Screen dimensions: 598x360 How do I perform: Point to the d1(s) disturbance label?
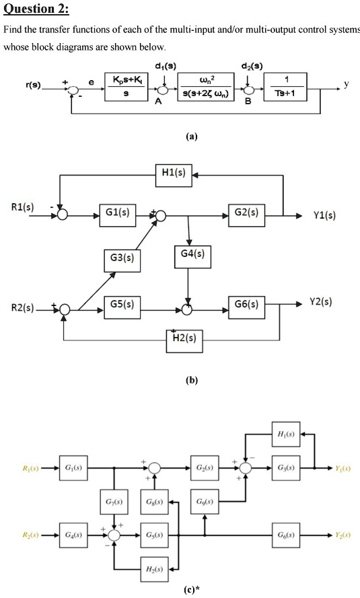165,66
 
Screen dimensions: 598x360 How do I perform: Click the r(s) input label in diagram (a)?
32,85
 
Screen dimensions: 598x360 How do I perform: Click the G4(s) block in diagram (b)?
190,254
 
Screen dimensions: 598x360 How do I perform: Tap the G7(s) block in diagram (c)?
114,502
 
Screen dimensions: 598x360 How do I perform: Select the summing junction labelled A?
166,89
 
